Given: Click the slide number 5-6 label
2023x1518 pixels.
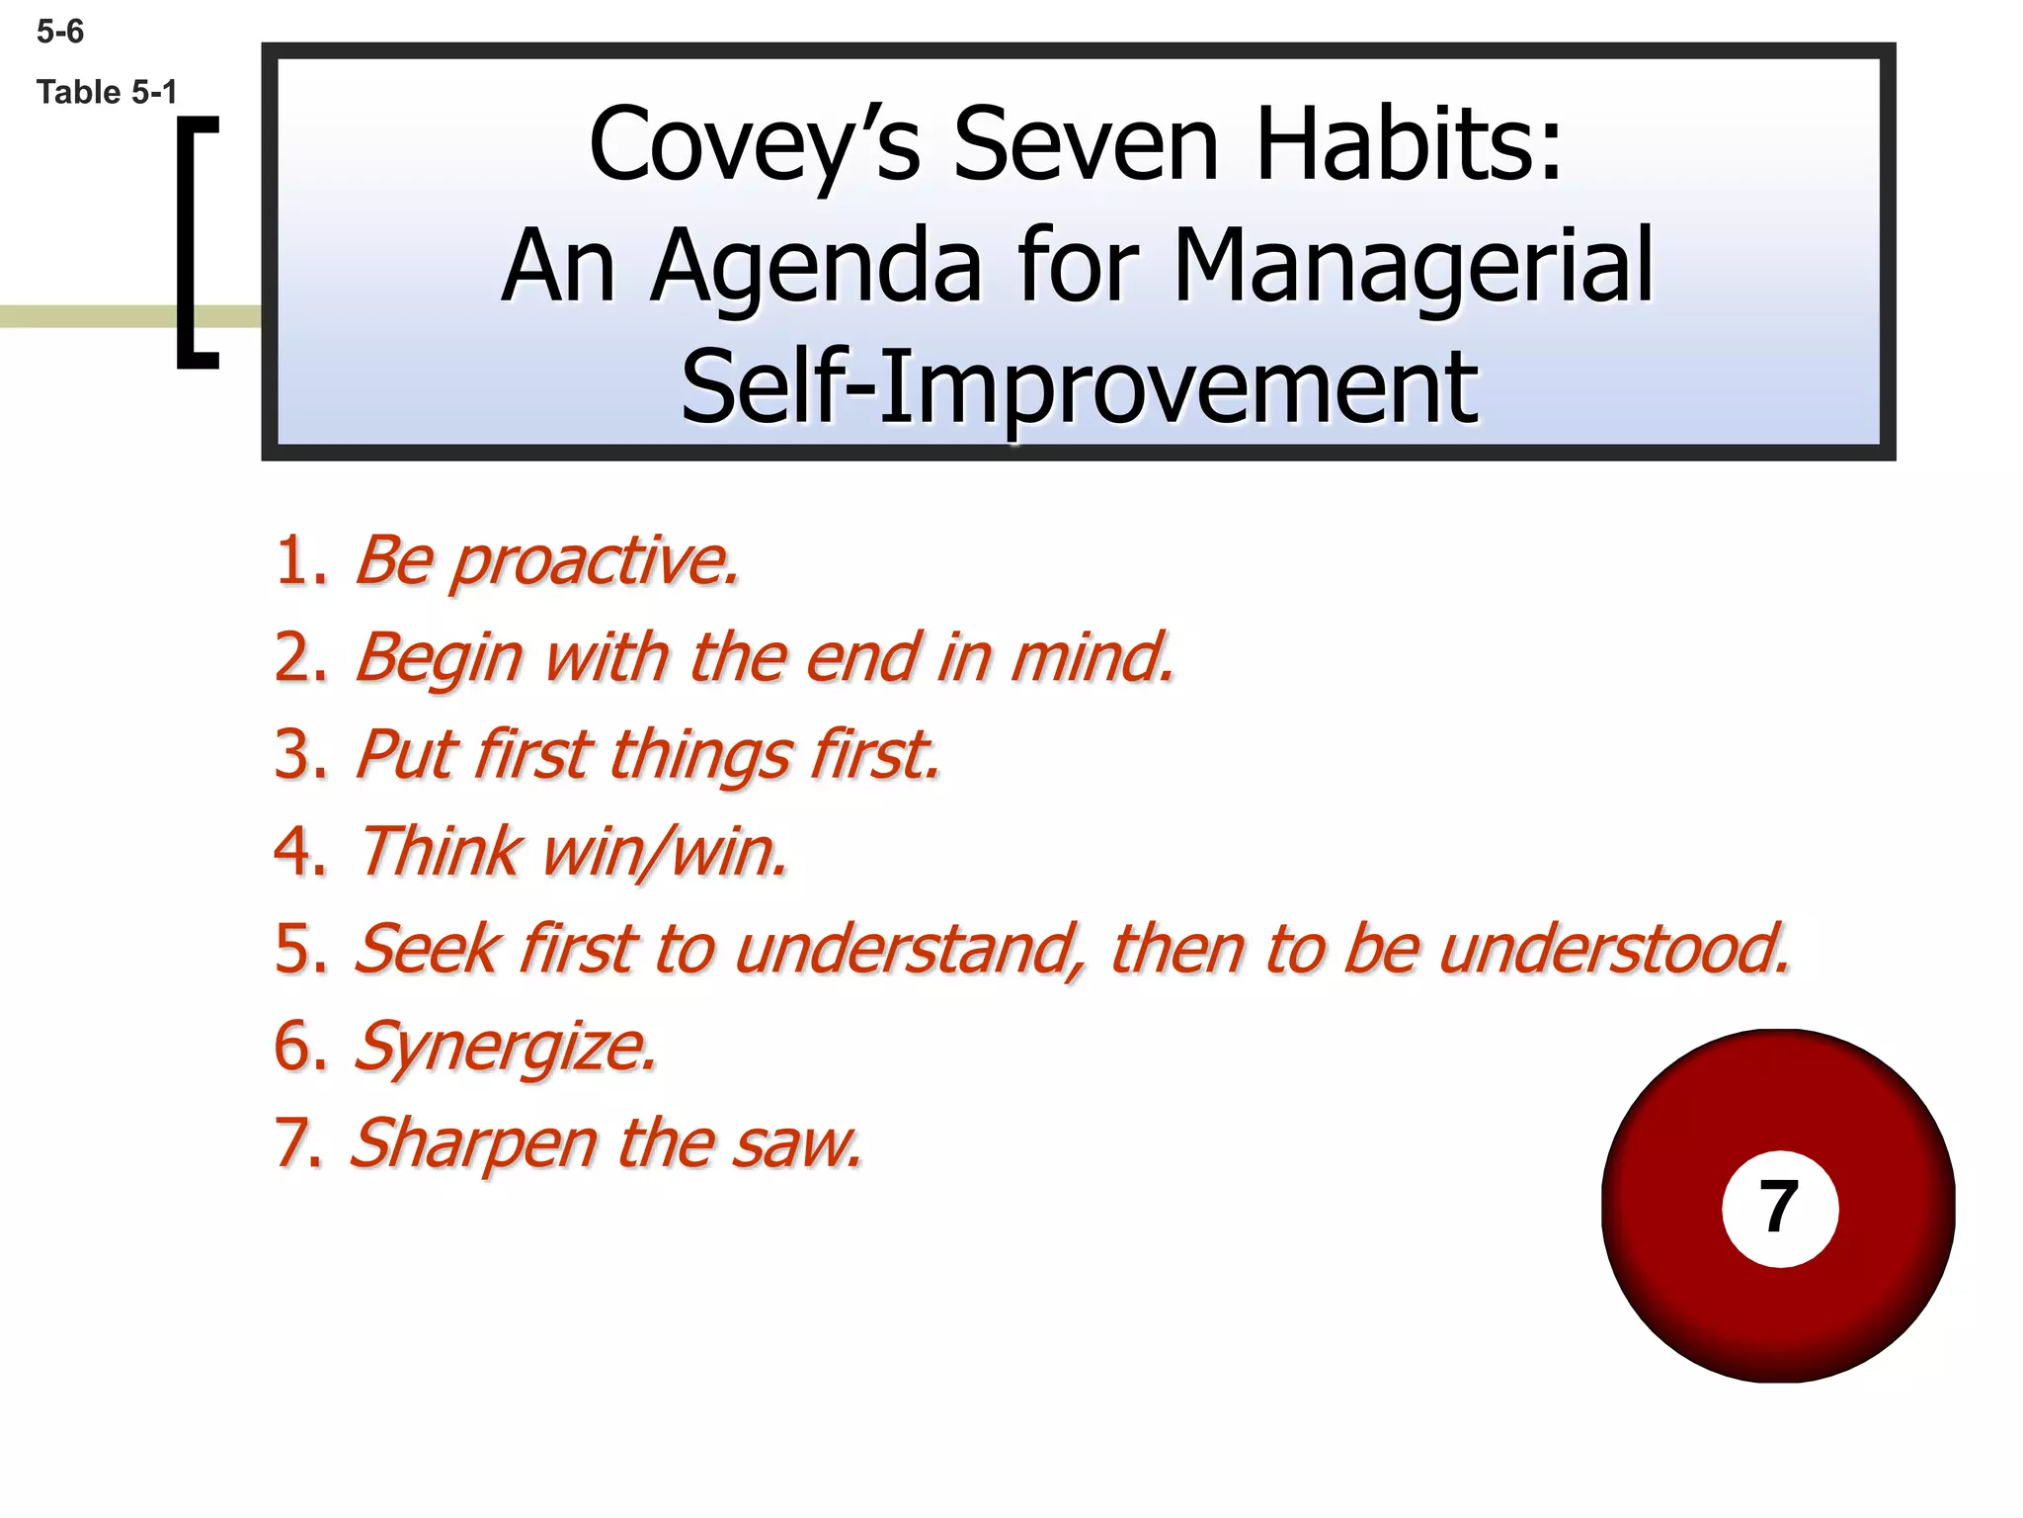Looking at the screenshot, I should click(59, 33).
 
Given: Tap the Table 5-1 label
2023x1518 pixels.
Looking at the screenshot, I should click(107, 93).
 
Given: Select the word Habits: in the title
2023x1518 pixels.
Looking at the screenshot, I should click(1408, 145).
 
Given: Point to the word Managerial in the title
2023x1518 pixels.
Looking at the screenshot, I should click(1413, 267).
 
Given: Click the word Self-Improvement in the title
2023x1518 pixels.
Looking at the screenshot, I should click(1079, 387).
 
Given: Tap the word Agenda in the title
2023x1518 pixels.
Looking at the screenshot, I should click(816, 267).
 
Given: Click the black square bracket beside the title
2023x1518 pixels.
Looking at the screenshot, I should click(195, 242).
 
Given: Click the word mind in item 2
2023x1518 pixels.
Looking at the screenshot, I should click(1092, 657).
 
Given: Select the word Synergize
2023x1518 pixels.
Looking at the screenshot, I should click(504, 1047).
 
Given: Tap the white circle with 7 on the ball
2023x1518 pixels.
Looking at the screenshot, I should click(1779, 1208).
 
